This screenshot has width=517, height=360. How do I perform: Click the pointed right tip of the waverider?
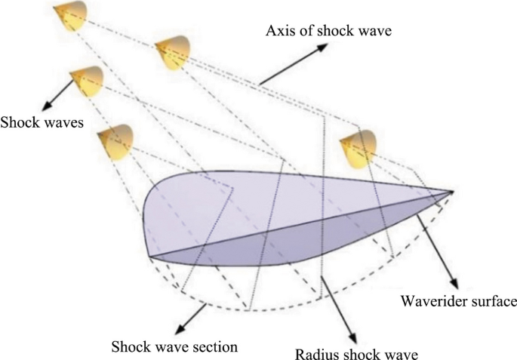[x=452, y=192]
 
